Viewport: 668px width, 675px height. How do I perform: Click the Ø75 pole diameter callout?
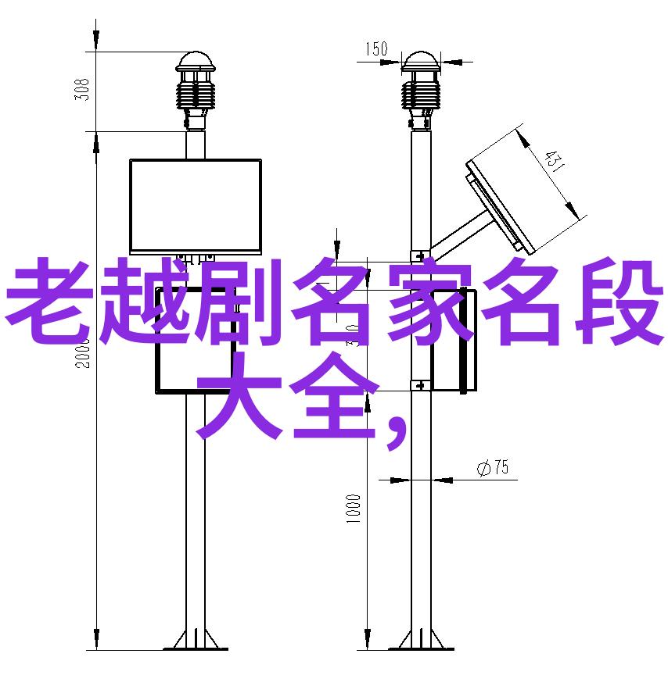493,468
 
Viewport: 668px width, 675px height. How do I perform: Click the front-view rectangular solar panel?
195,205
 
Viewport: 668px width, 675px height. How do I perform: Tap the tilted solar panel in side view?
501,205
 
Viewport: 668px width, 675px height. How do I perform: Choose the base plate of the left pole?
195,640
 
